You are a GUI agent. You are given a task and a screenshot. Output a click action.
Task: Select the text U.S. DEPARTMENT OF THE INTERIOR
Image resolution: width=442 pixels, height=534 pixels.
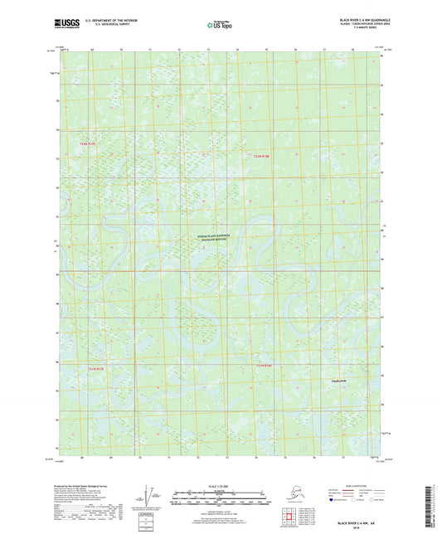110,18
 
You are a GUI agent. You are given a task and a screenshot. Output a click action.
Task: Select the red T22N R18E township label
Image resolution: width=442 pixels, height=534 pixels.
262,155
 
